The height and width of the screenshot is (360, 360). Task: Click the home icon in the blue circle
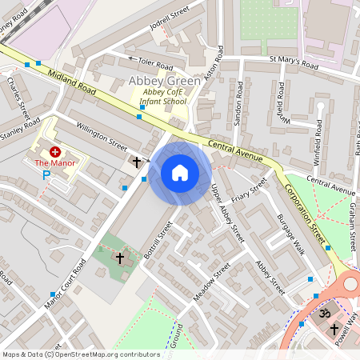pyautogui.click(x=180, y=173)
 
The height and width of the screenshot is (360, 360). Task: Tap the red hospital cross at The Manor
pyautogui.click(x=54, y=151)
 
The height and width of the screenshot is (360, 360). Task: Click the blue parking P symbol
pyautogui.click(x=46, y=174)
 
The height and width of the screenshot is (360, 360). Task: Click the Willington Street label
pyautogui.click(x=102, y=136)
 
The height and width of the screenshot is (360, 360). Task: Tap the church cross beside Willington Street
pyautogui.click(x=137, y=162)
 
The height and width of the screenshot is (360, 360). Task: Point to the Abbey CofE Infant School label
pyautogui.click(x=162, y=97)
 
